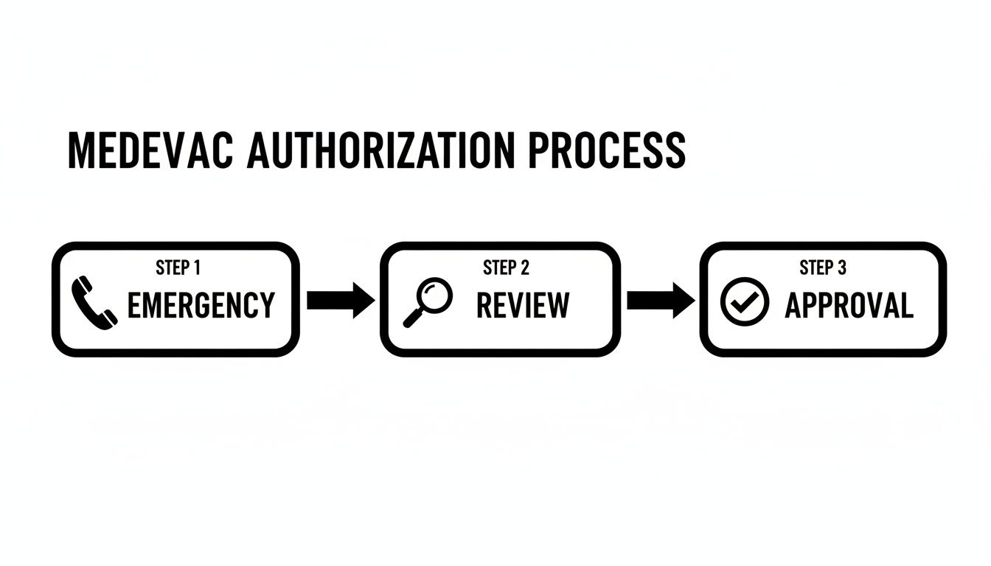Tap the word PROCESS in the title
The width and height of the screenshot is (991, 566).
607,150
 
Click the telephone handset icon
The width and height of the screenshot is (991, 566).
94,301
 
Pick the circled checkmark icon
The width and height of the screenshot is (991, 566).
744,302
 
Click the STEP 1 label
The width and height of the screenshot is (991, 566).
178,268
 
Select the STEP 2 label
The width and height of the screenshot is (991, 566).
506,268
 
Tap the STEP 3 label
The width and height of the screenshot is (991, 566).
823,268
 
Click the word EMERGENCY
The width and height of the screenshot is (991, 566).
201,305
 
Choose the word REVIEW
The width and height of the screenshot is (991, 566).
523,305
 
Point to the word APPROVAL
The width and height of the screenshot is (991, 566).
849,305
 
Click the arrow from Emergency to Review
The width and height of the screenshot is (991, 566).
340,300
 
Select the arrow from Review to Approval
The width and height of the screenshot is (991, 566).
660,300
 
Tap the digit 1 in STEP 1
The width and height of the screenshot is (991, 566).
196,268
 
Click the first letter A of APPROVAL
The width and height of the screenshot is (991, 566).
793,305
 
